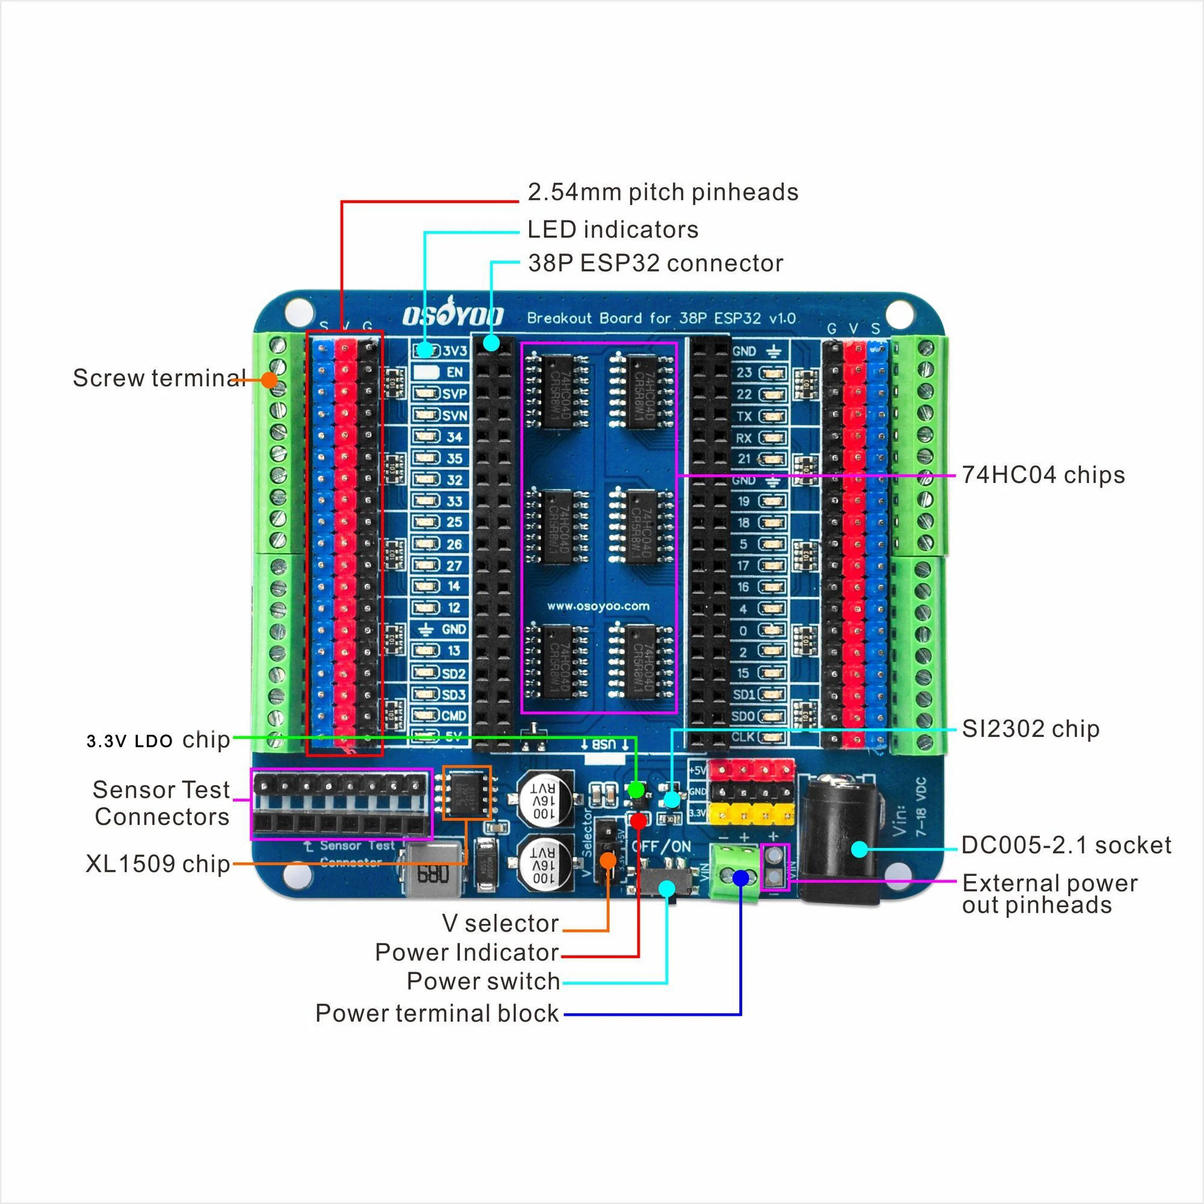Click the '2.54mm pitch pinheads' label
point(662,193)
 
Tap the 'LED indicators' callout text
point(613,230)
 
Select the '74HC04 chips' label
point(1043,475)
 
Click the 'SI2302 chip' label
point(1030,728)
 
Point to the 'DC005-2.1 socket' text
point(1066,845)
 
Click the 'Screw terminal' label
point(159,377)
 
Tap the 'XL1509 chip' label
point(158,864)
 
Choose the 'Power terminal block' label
point(437,1013)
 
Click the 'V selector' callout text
point(500,923)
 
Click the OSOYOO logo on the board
point(453,316)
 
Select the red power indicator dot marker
point(638,821)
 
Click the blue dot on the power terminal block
point(740,878)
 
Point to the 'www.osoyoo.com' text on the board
point(598,606)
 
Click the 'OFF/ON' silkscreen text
point(661,846)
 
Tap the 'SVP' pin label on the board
point(455,394)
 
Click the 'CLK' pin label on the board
point(743,737)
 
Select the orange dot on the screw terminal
point(269,379)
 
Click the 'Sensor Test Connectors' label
point(161,803)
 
